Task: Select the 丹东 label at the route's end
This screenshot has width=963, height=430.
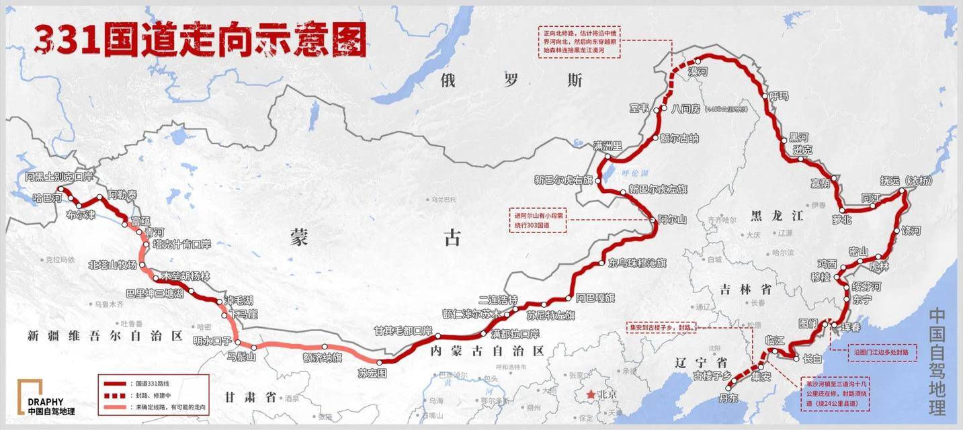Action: (728, 398)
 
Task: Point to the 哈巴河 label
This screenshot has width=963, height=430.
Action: (47, 199)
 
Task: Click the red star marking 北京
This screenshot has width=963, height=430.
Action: (591, 394)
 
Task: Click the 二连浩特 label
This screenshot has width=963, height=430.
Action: (498, 300)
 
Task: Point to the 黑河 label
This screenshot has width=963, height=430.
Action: (800, 137)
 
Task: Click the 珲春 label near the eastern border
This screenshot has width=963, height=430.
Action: (850, 327)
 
